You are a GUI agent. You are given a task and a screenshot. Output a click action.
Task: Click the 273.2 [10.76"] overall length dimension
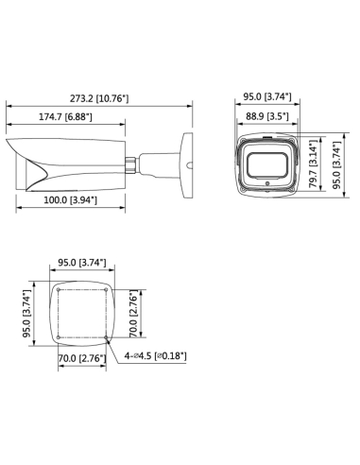pos(98,97)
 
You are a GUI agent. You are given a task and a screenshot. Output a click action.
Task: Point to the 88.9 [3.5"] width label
pos(268,115)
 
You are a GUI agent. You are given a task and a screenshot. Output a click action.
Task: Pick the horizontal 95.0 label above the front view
pos(268,97)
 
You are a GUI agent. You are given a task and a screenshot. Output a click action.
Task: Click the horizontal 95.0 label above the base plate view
pos(85,263)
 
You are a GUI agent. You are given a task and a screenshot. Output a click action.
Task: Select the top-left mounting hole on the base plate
pos(59,288)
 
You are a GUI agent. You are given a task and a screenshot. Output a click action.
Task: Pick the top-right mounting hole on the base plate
pos(108,288)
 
